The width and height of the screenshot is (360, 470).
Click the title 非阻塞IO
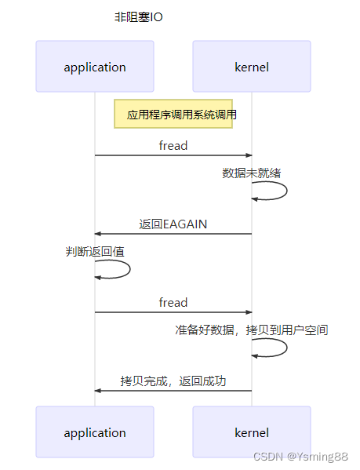[139, 16]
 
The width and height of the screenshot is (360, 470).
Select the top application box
[95, 67]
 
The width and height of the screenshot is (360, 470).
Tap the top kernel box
[252, 67]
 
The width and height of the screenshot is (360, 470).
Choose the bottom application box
[95, 432]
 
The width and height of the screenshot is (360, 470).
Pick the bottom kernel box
[252, 432]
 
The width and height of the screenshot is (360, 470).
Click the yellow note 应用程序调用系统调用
[173, 114]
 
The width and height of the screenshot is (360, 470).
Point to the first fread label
[173, 145]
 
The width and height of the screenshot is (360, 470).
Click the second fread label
[173, 302]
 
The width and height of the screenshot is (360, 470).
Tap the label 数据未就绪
[252, 173]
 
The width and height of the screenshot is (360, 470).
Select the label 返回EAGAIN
[173, 224]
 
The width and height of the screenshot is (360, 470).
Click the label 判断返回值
[95, 252]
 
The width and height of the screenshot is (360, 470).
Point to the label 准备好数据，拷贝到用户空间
[252, 330]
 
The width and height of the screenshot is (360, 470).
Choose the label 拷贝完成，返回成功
[173, 381]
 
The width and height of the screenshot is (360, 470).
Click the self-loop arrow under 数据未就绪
[285, 191]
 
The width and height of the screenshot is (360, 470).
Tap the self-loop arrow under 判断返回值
[128, 269]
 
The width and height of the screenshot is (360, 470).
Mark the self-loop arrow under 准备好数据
[285, 348]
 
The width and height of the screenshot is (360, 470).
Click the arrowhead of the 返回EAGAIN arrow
[98, 234]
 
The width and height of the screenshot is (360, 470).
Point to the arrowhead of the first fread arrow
[249, 155]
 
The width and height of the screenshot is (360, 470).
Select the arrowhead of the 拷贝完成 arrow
[98, 391]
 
